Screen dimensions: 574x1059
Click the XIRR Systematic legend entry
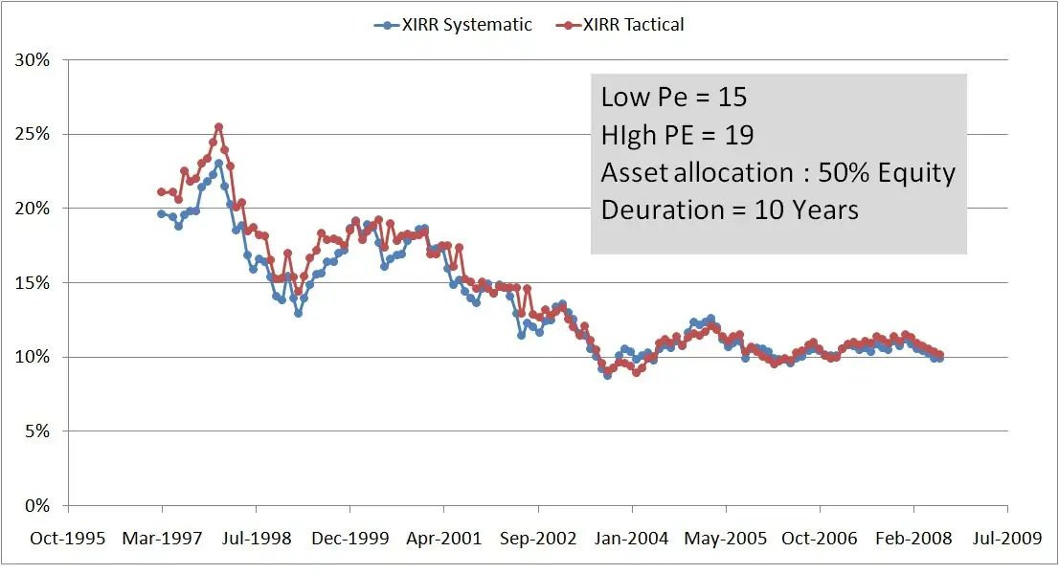(452, 25)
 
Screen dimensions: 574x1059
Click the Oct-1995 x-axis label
(69, 539)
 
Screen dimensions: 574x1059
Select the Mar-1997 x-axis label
(163, 539)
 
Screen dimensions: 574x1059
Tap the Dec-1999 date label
(350, 539)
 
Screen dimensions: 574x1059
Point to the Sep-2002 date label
(538, 539)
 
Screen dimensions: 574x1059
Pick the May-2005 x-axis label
(726, 539)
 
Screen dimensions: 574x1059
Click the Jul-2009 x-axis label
(1006, 539)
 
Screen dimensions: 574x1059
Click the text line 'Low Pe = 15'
(673, 97)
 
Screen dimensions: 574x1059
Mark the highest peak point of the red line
(218, 126)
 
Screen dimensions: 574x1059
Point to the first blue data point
(161, 213)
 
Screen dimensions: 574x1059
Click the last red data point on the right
(939, 355)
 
